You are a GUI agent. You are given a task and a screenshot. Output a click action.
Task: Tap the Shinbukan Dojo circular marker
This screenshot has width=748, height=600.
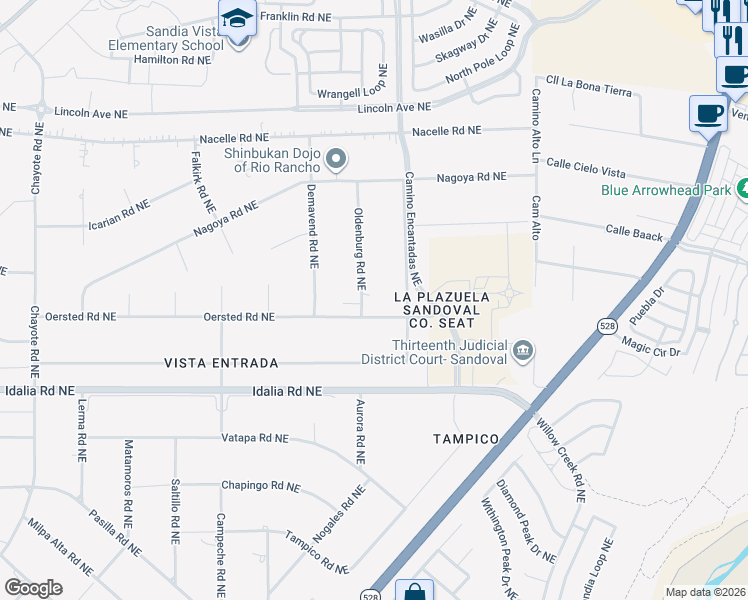[337, 159]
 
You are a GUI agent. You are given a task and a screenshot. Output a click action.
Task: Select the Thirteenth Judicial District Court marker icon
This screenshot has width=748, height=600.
[523, 351]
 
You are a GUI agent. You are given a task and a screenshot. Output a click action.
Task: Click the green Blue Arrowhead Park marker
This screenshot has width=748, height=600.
[742, 188]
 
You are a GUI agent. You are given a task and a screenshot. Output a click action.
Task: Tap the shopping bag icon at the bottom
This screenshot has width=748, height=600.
[414, 592]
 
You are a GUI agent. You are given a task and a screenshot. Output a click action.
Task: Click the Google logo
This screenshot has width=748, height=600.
[34, 588]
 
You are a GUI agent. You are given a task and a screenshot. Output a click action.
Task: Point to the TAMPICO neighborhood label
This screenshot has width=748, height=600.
[465, 439]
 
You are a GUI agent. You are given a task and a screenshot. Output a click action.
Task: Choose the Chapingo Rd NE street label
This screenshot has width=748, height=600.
[260, 487]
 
